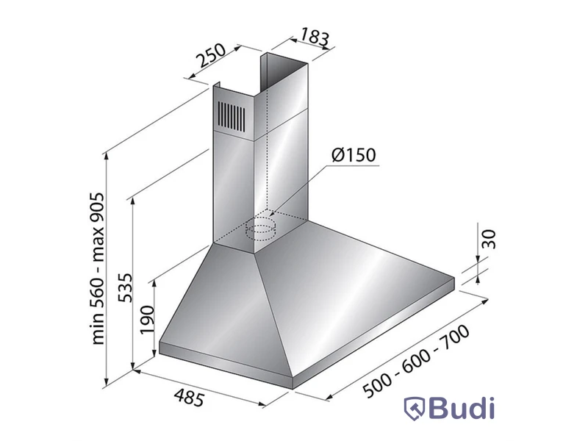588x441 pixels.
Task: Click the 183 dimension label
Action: [315, 37]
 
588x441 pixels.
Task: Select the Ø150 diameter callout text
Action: [354, 155]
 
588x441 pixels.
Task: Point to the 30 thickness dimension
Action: [489, 240]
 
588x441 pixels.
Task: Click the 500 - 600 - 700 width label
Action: [416, 360]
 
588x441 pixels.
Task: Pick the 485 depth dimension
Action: [190, 398]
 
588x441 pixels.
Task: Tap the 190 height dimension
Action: [146, 320]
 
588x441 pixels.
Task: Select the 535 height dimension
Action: [125, 287]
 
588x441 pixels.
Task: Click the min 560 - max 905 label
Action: [97, 269]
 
